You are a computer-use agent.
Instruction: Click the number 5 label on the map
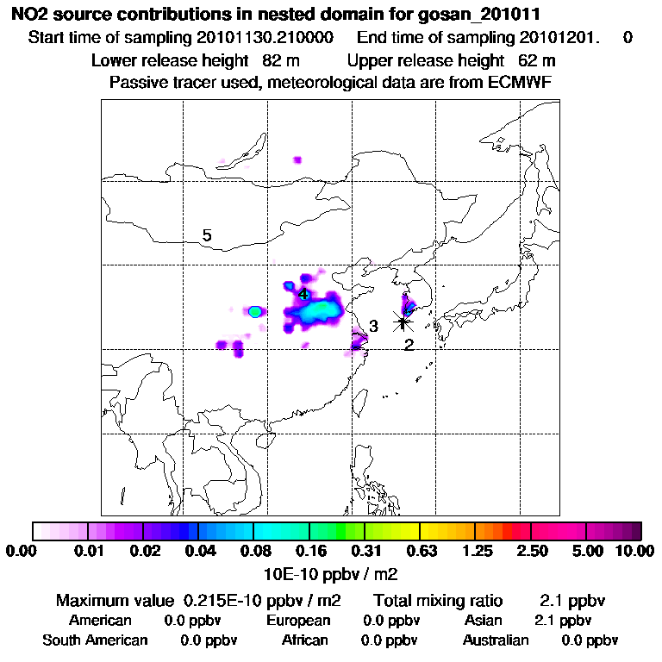pyautogui.click(x=207, y=235)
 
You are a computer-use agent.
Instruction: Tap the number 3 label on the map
pyautogui.click(x=373, y=326)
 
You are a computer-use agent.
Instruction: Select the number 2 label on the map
pyautogui.click(x=409, y=345)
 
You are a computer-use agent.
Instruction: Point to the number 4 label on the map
pyautogui.click(x=303, y=294)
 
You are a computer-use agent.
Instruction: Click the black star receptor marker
pyautogui.click(x=403, y=322)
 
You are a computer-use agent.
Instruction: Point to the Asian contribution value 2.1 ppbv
pyautogui.click(x=563, y=621)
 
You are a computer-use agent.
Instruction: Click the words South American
pyautogui.click(x=95, y=640)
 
